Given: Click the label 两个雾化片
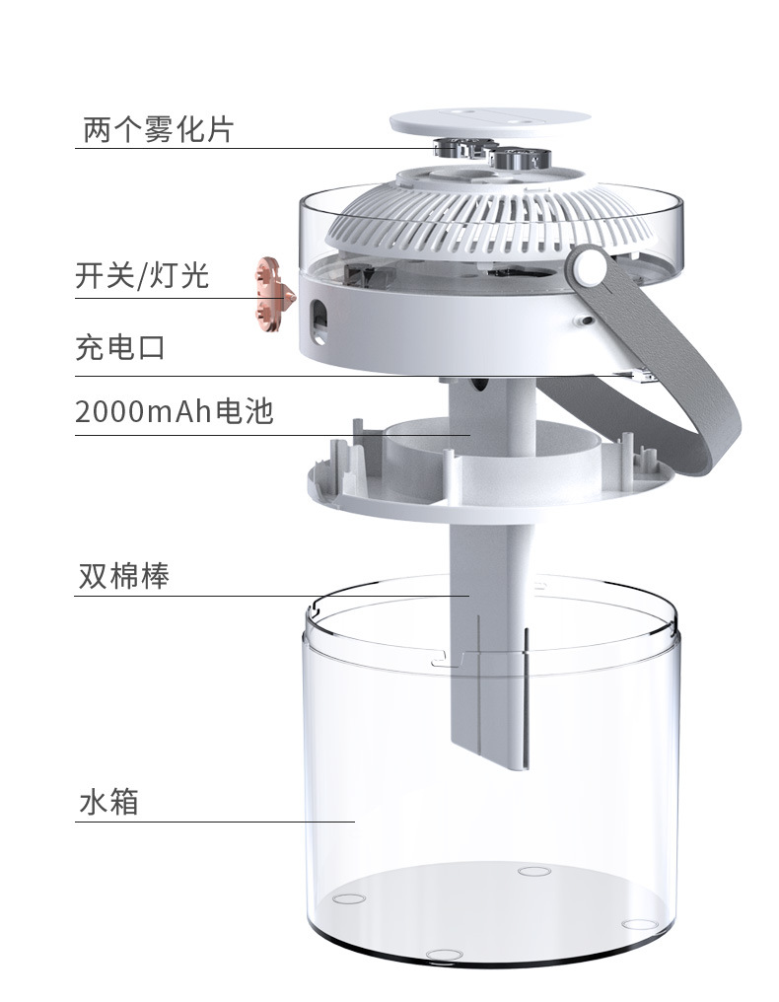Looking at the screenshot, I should [158, 128].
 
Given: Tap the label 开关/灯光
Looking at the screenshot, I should [142, 275].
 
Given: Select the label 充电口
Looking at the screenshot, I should [119, 348].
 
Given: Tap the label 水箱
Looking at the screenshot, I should [107, 801].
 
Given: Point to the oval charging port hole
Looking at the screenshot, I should [319, 318].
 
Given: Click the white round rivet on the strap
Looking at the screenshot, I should [591, 266].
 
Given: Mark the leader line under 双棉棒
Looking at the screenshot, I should [266, 596].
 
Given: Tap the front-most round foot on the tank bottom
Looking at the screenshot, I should [441, 956].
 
